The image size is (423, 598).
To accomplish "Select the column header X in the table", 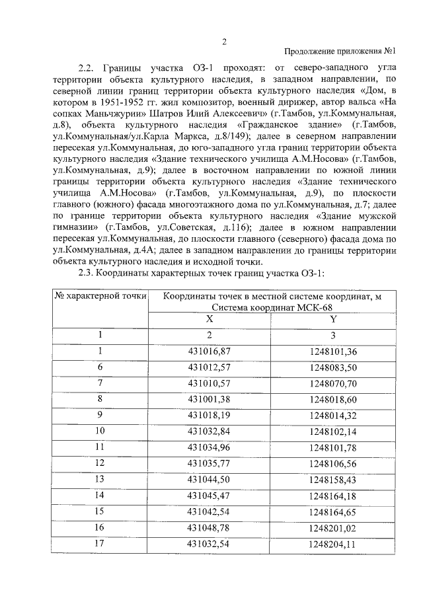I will [210, 318].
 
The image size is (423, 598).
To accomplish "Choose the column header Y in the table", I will [333, 318].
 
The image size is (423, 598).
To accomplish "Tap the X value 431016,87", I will [210, 351].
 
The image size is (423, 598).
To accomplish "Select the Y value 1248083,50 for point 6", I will [332, 367].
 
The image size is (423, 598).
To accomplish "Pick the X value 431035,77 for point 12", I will [210, 463].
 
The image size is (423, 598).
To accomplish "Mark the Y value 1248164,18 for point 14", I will [332, 495].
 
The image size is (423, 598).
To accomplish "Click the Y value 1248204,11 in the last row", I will [332, 544].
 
